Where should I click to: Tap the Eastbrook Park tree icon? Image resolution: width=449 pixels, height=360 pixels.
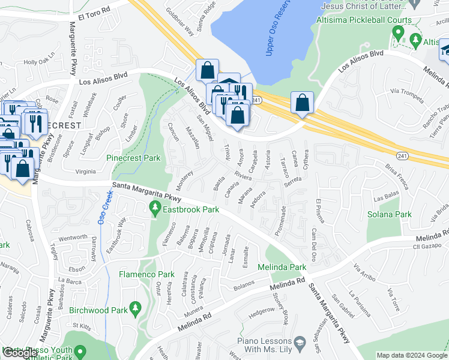pyautogui.click(x=155, y=208)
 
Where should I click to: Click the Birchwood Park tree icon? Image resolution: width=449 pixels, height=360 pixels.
pyautogui.click(x=136, y=309)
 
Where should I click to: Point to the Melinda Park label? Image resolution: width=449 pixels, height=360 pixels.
pyautogui.click(x=282, y=266)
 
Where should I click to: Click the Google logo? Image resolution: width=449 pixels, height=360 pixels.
pyautogui.click(x=20, y=353)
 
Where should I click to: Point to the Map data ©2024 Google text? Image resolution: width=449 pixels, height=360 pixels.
pyautogui.click(x=412, y=355)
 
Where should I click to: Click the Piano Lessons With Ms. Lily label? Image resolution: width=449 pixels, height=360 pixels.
pyautogui.click(x=269, y=345)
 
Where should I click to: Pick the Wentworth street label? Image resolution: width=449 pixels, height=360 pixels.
pyautogui.click(x=72, y=238)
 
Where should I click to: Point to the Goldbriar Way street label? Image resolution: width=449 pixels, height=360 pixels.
pyautogui.click(x=181, y=21)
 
